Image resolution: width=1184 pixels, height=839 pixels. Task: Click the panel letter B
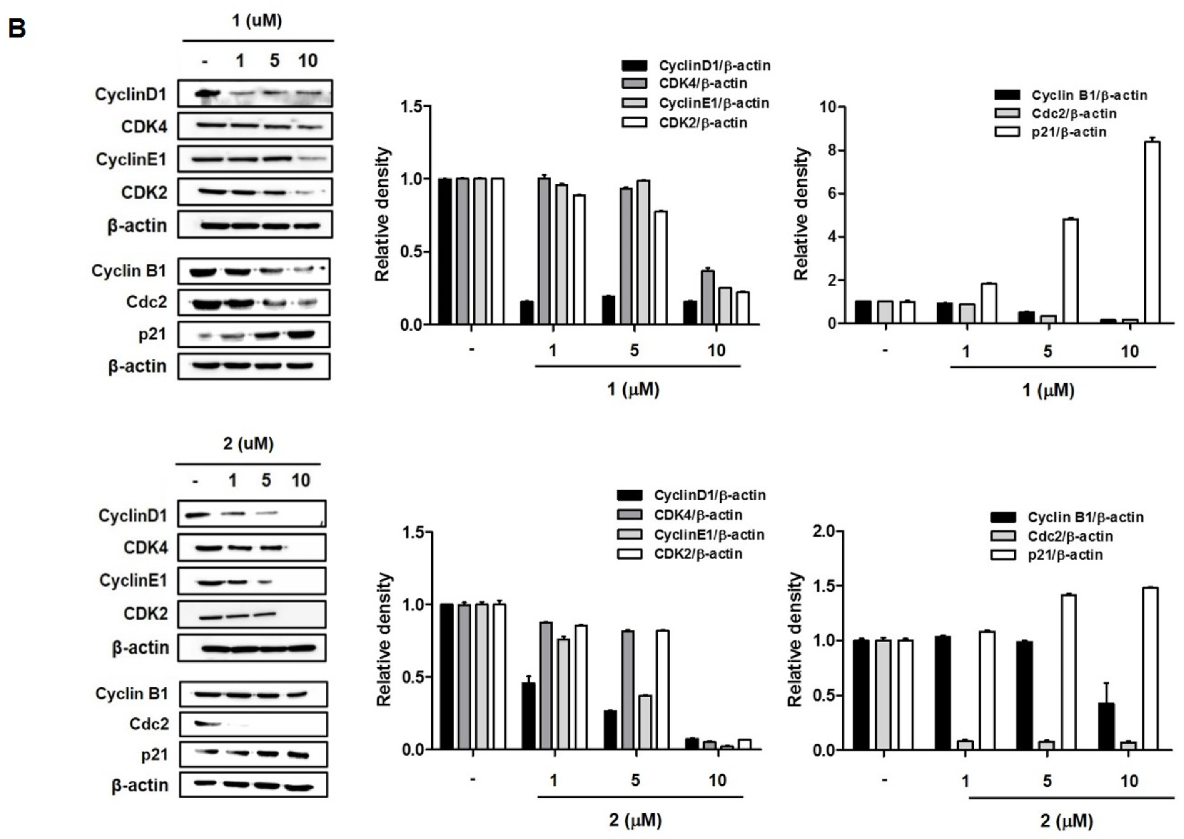(16, 29)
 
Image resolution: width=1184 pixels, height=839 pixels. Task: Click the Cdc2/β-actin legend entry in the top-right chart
(1074, 114)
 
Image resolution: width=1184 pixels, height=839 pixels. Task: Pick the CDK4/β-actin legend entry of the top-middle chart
(702, 84)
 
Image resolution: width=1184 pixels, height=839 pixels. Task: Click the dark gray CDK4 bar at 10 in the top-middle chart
(707, 297)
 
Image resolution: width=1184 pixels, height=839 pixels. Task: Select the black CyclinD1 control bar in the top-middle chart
(445, 252)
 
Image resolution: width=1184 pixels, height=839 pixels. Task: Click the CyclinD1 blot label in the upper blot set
(131, 94)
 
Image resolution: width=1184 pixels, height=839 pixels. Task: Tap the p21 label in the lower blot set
(154, 755)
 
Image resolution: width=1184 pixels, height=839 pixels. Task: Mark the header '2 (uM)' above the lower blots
(248, 444)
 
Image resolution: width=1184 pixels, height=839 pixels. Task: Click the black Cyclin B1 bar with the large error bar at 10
(1107, 726)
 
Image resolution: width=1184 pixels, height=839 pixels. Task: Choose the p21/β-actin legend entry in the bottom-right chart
(1064, 554)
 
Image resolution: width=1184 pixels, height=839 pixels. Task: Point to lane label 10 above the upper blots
(307, 61)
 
